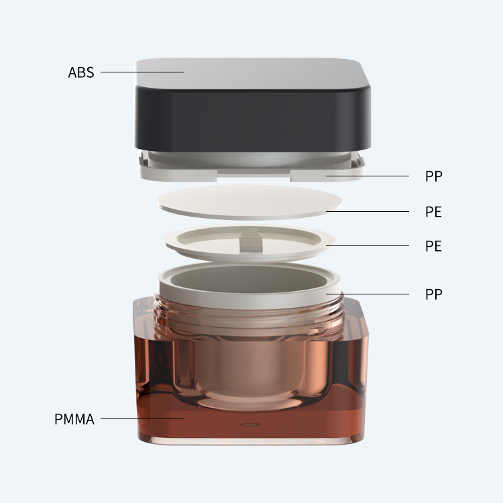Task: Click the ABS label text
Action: point(81,72)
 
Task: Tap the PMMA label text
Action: point(74,419)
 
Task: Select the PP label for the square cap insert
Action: point(434,176)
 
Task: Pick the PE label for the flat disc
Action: point(433,212)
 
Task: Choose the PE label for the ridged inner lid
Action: point(433,246)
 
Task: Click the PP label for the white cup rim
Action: point(434,294)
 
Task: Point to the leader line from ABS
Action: point(142,72)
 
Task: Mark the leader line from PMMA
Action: point(142,418)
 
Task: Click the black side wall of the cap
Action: point(253,119)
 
